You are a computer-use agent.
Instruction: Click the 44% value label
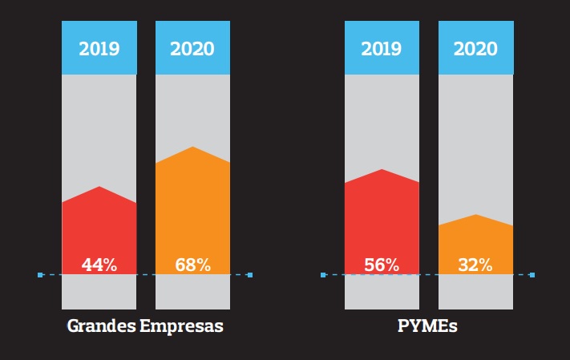click(99, 265)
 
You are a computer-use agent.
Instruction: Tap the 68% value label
click(192, 265)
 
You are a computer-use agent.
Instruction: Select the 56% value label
click(382, 265)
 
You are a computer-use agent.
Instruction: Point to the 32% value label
click(475, 265)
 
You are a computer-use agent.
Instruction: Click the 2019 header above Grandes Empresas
click(99, 48)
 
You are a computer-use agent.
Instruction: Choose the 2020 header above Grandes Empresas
click(192, 48)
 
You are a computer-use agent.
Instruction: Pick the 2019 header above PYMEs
click(382, 48)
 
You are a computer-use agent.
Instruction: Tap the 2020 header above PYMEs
click(475, 48)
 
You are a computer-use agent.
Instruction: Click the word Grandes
click(102, 327)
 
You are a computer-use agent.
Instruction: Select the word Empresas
click(181, 327)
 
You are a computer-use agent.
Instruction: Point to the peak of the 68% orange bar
click(192, 148)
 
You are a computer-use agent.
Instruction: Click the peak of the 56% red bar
click(382, 170)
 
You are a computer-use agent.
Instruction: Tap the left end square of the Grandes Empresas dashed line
click(40, 275)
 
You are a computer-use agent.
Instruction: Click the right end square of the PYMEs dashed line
click(532, 275)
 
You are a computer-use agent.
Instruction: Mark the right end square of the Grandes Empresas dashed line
click(250, 275)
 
